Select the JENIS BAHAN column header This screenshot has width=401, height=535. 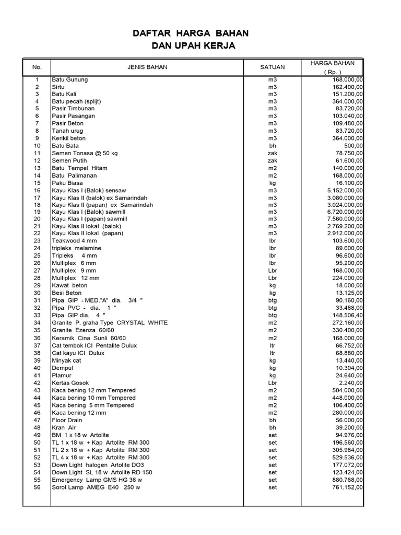[x=147, y=67]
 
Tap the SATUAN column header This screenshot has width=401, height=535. [x=272, y=67]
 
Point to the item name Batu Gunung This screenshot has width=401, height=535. [x=69, y=79]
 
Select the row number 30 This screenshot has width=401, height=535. [x=37, y=293]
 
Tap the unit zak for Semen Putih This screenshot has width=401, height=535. [x=272, y=160]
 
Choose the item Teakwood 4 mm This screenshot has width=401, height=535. [x=74, y=241]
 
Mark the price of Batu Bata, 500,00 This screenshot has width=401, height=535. [x=355, y=146]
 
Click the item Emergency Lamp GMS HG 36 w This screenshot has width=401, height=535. [x=97, y=480]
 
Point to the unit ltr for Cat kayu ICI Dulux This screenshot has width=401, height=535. [x=272, y=353]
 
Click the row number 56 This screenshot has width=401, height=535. [x=37, y=487]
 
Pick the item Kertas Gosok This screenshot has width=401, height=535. [x=70, y=383]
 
